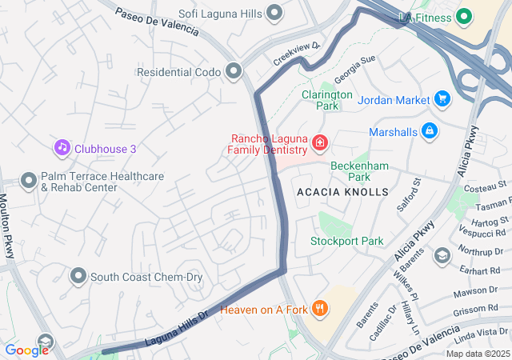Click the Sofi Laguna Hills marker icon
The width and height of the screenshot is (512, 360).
(x=276, y=13)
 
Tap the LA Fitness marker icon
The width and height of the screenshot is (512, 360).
(x=464, y=16)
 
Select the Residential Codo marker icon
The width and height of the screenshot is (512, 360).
(x=234, y=72)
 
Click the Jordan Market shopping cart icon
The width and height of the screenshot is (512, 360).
(x=442, y=99)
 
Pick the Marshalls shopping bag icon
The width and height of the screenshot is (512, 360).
(x=430, y=130)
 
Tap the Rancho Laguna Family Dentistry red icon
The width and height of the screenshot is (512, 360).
(x=320, y=143)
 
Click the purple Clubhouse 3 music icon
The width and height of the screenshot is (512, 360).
(x=62, y=148)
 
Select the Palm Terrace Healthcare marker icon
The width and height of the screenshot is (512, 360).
(x=29, y=182)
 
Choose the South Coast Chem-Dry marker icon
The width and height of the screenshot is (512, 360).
(x=78, y=277)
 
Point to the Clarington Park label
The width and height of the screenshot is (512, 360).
(x=326, y=100)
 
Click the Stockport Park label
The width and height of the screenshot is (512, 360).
(x=347, y=241)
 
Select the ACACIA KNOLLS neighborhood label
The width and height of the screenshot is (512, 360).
(x=342, y=193)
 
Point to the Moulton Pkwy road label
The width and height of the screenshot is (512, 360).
(x=6, y=220)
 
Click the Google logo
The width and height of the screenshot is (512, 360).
(x=27, y=350)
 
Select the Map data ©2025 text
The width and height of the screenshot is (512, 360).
(x=477, y=354)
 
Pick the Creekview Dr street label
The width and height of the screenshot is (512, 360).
(x=297, y=54)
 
